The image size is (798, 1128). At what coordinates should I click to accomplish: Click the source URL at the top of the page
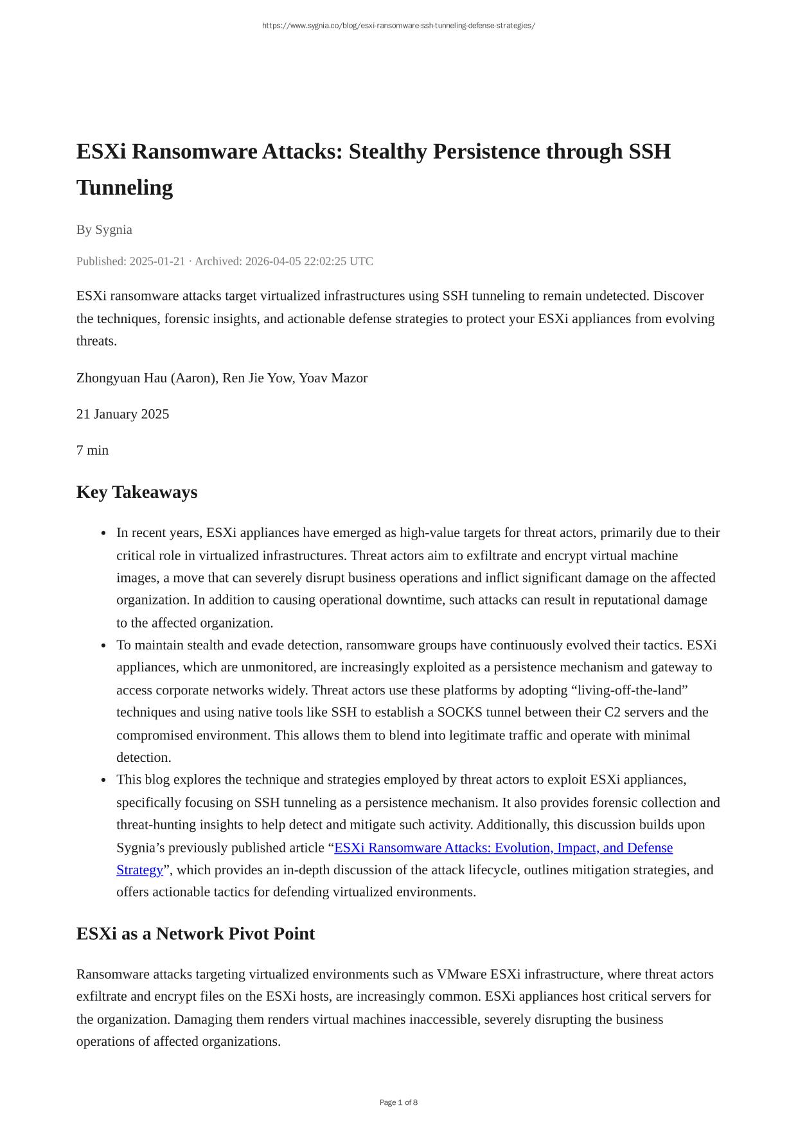(398, 26)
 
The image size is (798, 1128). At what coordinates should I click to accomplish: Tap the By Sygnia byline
(104, 230)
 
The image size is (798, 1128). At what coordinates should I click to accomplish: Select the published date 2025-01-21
(157, 261)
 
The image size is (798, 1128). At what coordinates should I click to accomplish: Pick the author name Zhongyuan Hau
(122, 378)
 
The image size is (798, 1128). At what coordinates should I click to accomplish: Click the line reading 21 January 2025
(123, 414)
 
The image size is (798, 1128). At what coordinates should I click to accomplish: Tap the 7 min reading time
(93, 450)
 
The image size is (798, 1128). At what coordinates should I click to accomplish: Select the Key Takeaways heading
(137, 492)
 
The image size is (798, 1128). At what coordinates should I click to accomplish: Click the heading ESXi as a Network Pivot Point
(195, 934)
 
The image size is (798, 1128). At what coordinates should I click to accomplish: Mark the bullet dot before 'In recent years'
(103, 534)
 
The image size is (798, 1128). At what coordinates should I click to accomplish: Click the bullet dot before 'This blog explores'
(103, 780)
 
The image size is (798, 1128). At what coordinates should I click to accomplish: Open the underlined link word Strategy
(139, 870)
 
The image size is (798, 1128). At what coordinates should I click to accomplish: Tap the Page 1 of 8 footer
(398, 1102)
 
